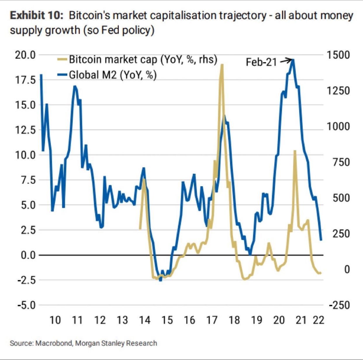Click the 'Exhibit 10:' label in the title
pos(37,16)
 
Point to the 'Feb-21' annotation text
pos(261,62)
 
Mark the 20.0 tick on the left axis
pos(25,55)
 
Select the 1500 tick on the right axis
pos(338,55)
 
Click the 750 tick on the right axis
pos(341,162)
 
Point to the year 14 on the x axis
pos(144,320)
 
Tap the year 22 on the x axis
pos(318,320)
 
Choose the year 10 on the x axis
pos(55,320)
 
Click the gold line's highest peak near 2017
pos(222,65)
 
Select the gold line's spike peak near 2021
pos(295,151)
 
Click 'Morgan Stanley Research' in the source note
pos(116,343)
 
